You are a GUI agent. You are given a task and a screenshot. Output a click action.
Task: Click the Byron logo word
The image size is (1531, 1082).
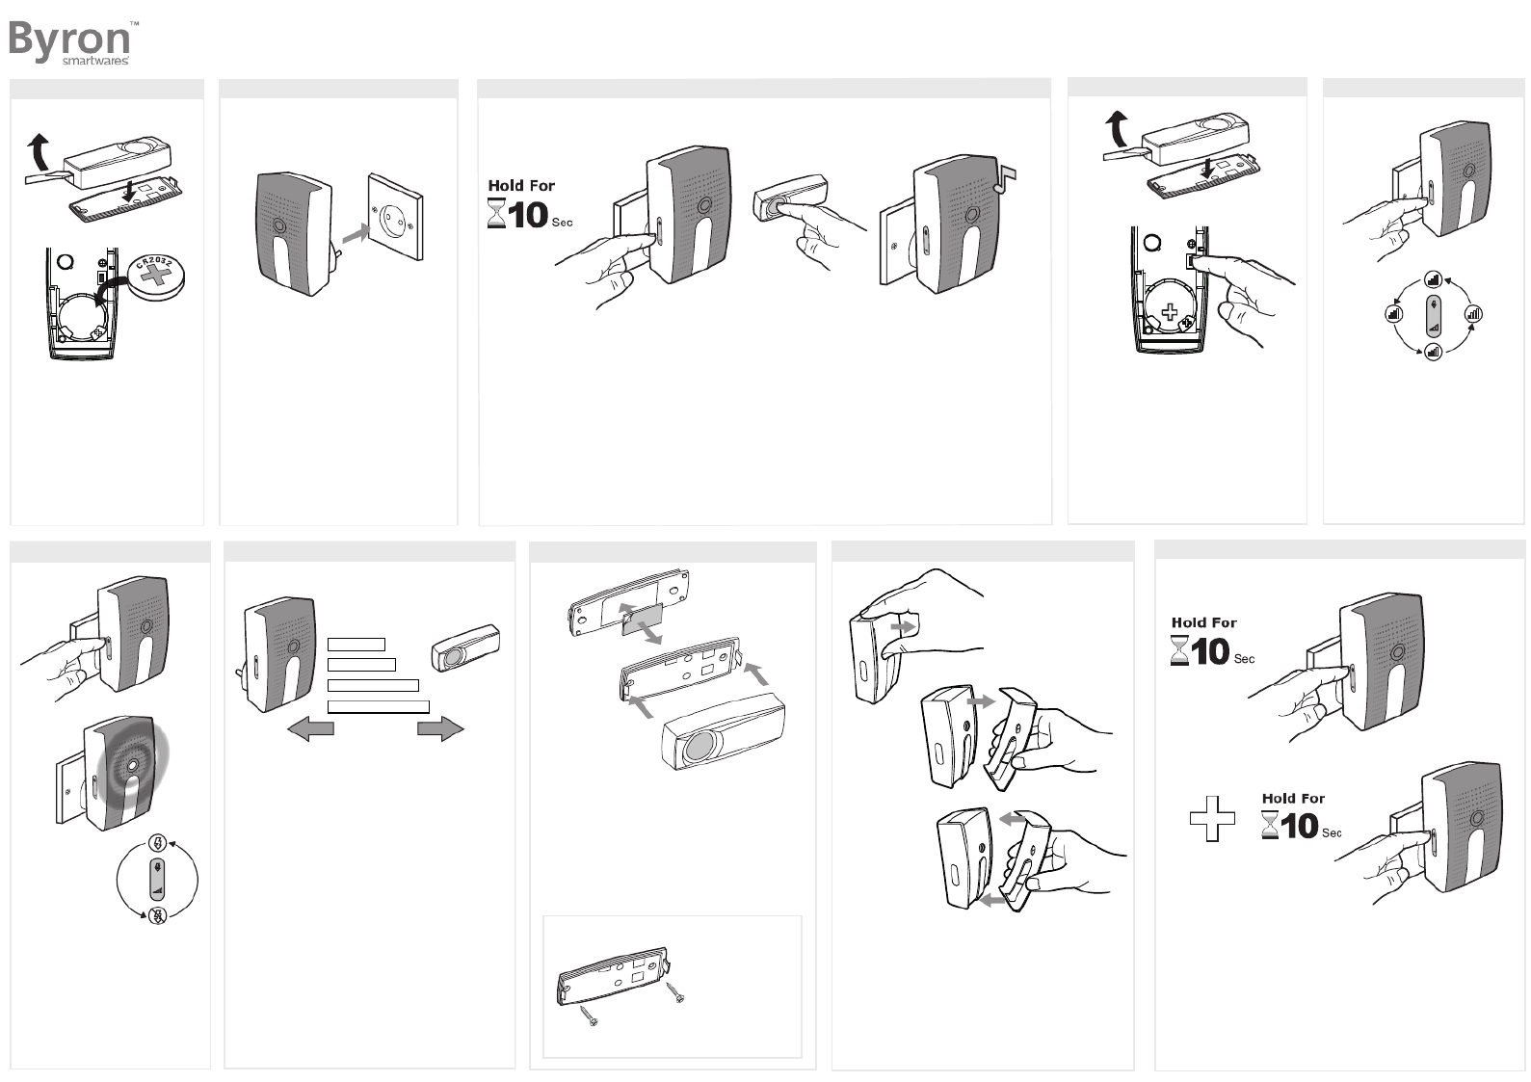(69, 38)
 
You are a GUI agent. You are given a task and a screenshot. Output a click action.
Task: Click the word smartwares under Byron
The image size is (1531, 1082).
(95, 61)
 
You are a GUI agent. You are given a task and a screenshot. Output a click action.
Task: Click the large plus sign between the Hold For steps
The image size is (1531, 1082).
(1212, 819)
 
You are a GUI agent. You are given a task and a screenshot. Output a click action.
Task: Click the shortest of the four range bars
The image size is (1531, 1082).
(356, 645)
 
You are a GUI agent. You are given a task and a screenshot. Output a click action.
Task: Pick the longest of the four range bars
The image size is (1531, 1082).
(378, 707)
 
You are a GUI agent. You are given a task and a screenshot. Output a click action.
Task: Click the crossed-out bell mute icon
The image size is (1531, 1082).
(157, 915)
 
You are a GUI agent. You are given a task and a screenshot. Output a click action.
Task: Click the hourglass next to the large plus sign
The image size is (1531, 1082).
(1271, 827)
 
